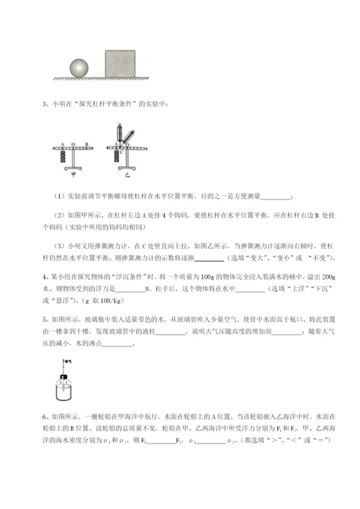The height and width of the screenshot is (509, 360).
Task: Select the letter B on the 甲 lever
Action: tap(87, 144)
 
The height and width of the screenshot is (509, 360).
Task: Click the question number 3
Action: tap(45, 107)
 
